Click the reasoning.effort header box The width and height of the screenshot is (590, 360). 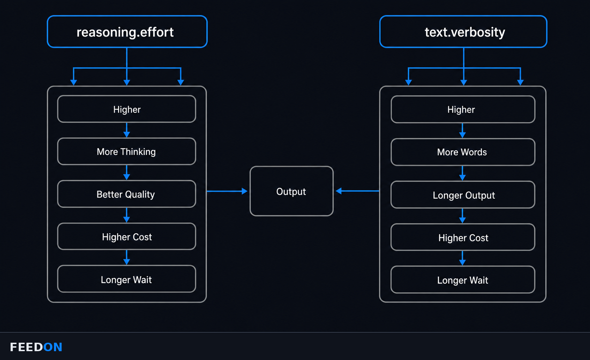127,32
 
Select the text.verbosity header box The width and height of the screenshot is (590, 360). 463,32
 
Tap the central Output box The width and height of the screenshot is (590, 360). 291,191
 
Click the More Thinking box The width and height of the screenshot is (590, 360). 127,151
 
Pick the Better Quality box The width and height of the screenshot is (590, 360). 127,194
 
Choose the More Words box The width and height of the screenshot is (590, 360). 463,152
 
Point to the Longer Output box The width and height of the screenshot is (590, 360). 463,195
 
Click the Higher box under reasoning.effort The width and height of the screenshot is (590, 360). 127,109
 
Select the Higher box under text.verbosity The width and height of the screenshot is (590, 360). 463,109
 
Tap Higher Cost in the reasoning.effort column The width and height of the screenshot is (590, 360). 127,236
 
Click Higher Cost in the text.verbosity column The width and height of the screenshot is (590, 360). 463,237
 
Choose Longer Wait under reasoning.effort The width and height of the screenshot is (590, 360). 127,279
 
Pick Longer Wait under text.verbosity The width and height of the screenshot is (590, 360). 463,280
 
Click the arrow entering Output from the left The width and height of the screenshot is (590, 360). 227,191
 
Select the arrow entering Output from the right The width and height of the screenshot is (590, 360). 357,191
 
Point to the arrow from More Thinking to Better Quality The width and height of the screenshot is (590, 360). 127,173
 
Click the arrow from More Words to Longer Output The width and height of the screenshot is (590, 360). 462,173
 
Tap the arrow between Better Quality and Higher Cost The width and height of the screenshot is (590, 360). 127,215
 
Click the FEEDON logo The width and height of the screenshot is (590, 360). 36,347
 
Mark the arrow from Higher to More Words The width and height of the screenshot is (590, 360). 462,131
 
